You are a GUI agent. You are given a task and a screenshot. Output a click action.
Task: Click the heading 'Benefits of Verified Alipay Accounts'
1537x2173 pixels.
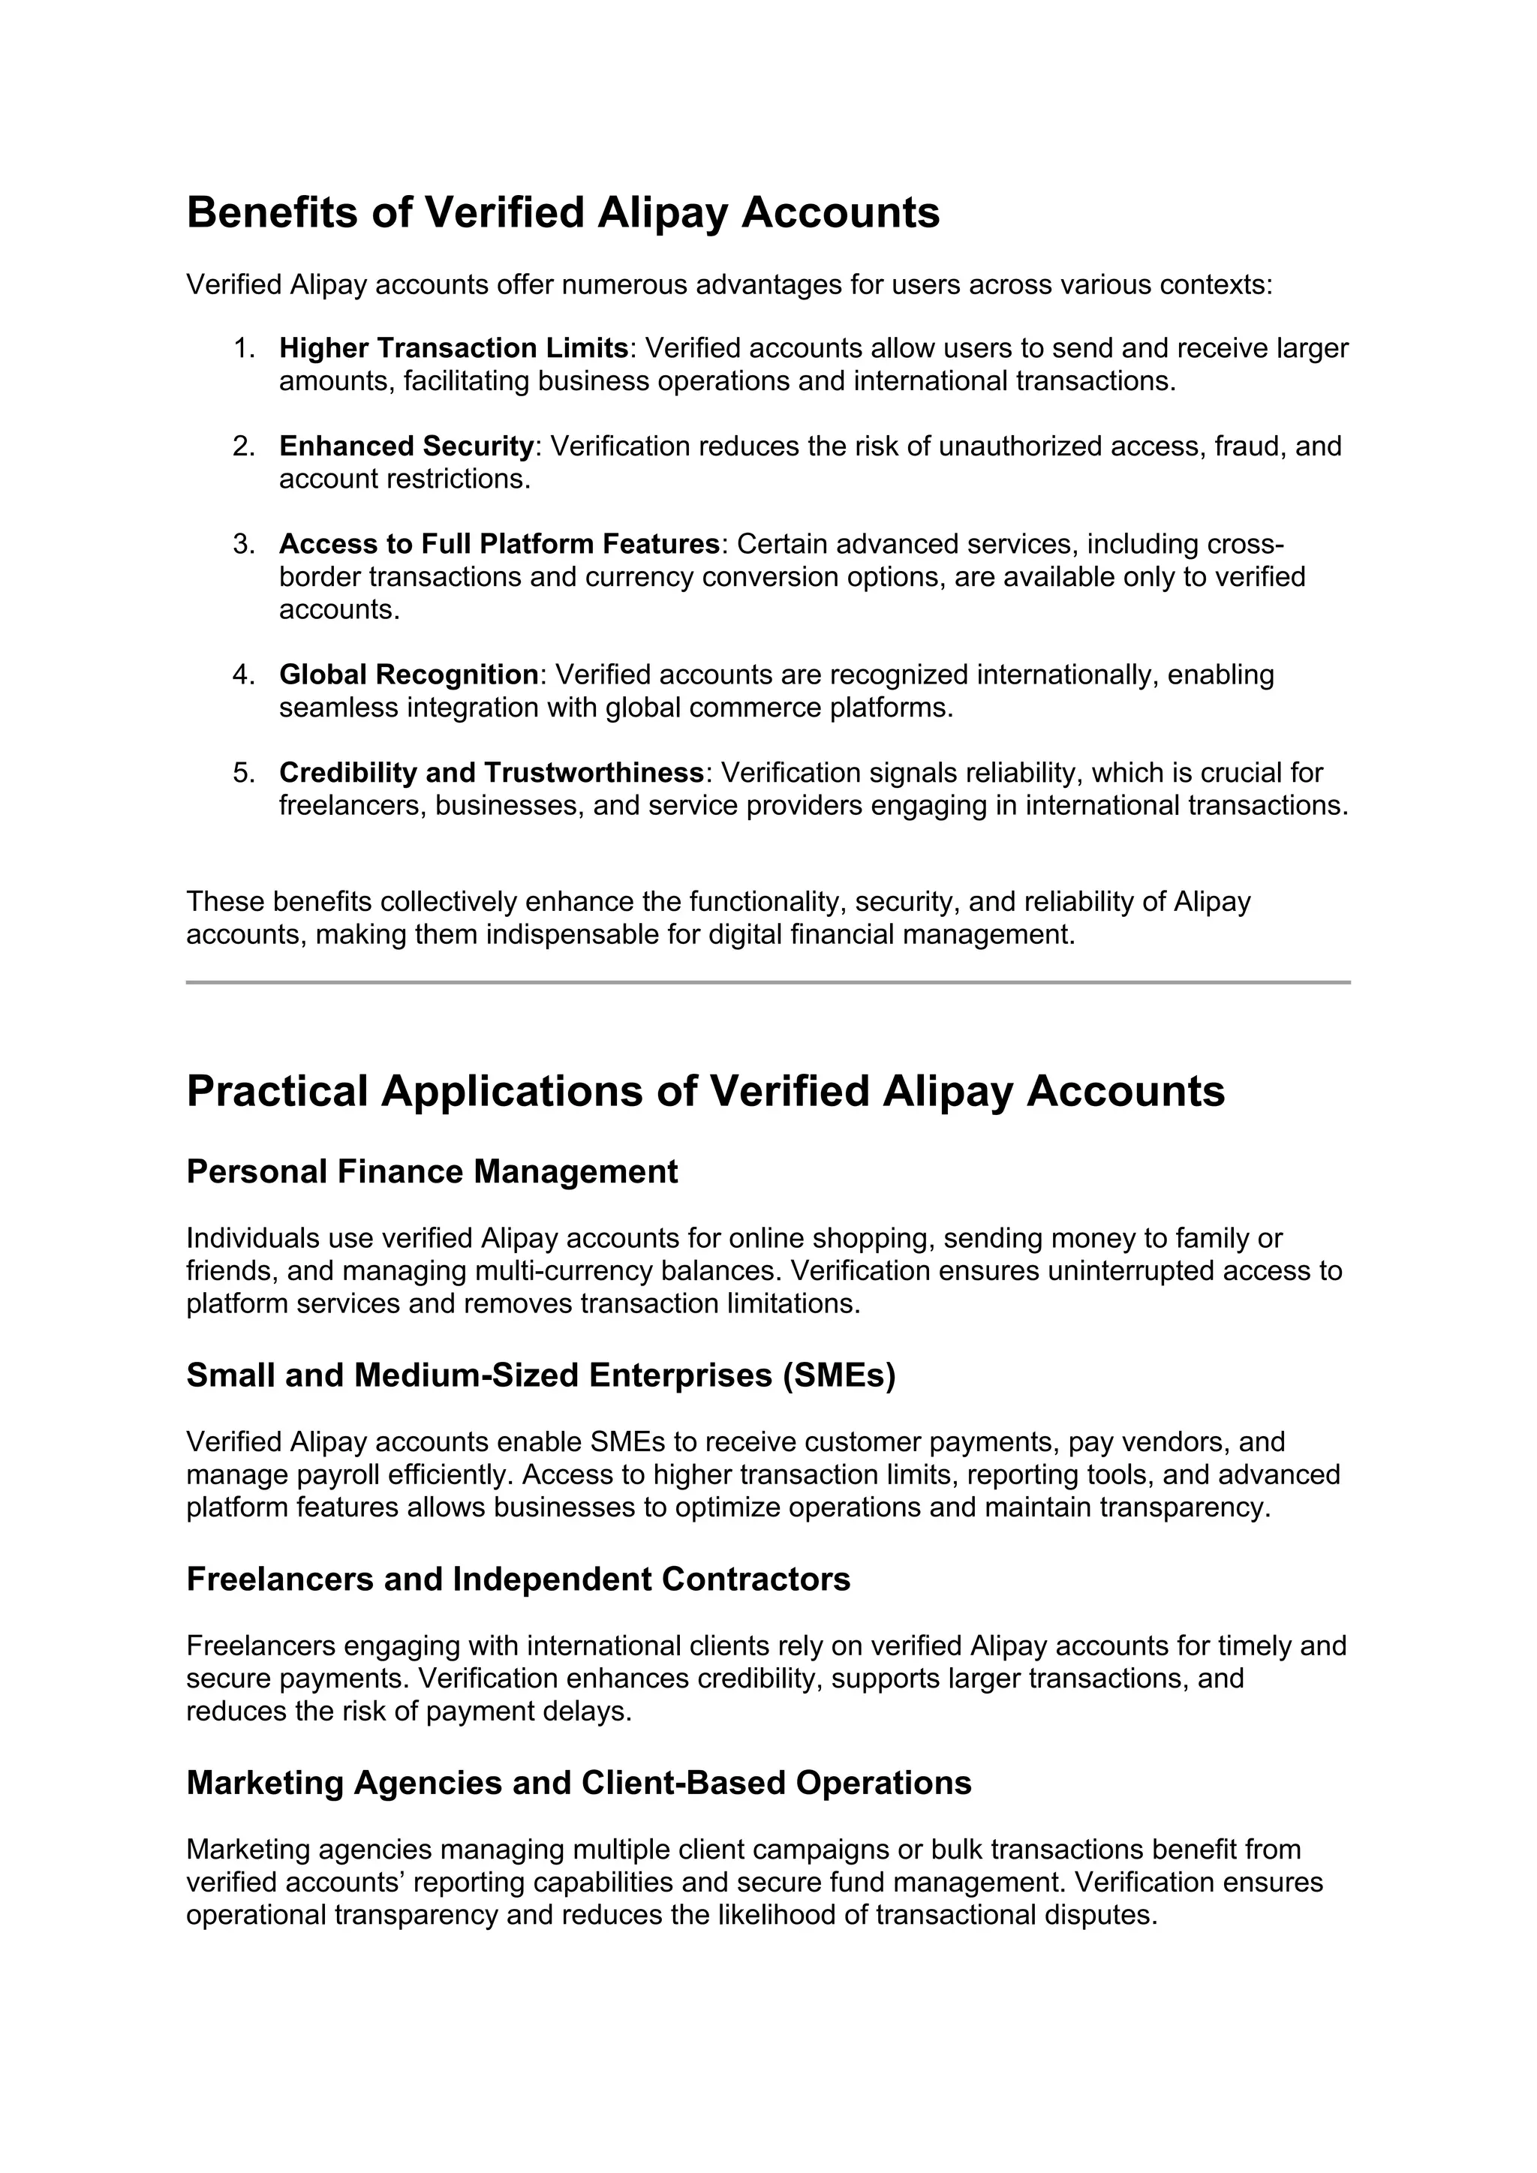[562, 212]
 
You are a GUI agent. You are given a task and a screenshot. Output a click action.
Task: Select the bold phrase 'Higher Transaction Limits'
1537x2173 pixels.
[453, 348]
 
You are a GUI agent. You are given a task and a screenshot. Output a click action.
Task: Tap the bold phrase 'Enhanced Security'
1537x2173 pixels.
[406, 446]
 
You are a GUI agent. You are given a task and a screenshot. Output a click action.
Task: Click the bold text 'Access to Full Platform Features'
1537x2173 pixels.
[499, 544]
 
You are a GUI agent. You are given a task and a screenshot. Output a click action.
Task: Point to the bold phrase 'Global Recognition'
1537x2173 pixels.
[408, 675]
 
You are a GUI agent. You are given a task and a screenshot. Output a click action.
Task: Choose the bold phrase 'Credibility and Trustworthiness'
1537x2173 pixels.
[492, 774]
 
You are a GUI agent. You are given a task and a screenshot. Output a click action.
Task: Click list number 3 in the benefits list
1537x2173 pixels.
[243, 544]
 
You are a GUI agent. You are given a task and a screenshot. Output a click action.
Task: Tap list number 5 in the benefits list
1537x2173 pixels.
[243, 774]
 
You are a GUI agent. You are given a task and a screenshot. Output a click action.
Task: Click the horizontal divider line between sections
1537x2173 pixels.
[768, 982]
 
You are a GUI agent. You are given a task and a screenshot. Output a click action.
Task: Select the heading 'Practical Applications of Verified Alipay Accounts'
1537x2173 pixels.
[705, 1090]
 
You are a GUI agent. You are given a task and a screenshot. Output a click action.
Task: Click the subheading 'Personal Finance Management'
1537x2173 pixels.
[432, 1172]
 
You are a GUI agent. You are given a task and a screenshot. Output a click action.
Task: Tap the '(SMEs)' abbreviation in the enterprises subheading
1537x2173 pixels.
[838, 1375]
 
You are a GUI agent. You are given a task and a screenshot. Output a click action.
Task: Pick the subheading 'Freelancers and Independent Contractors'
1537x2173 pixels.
[518, 1579]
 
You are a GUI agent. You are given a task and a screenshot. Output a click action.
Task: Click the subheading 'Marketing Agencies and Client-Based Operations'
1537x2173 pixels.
[579, 1782]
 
